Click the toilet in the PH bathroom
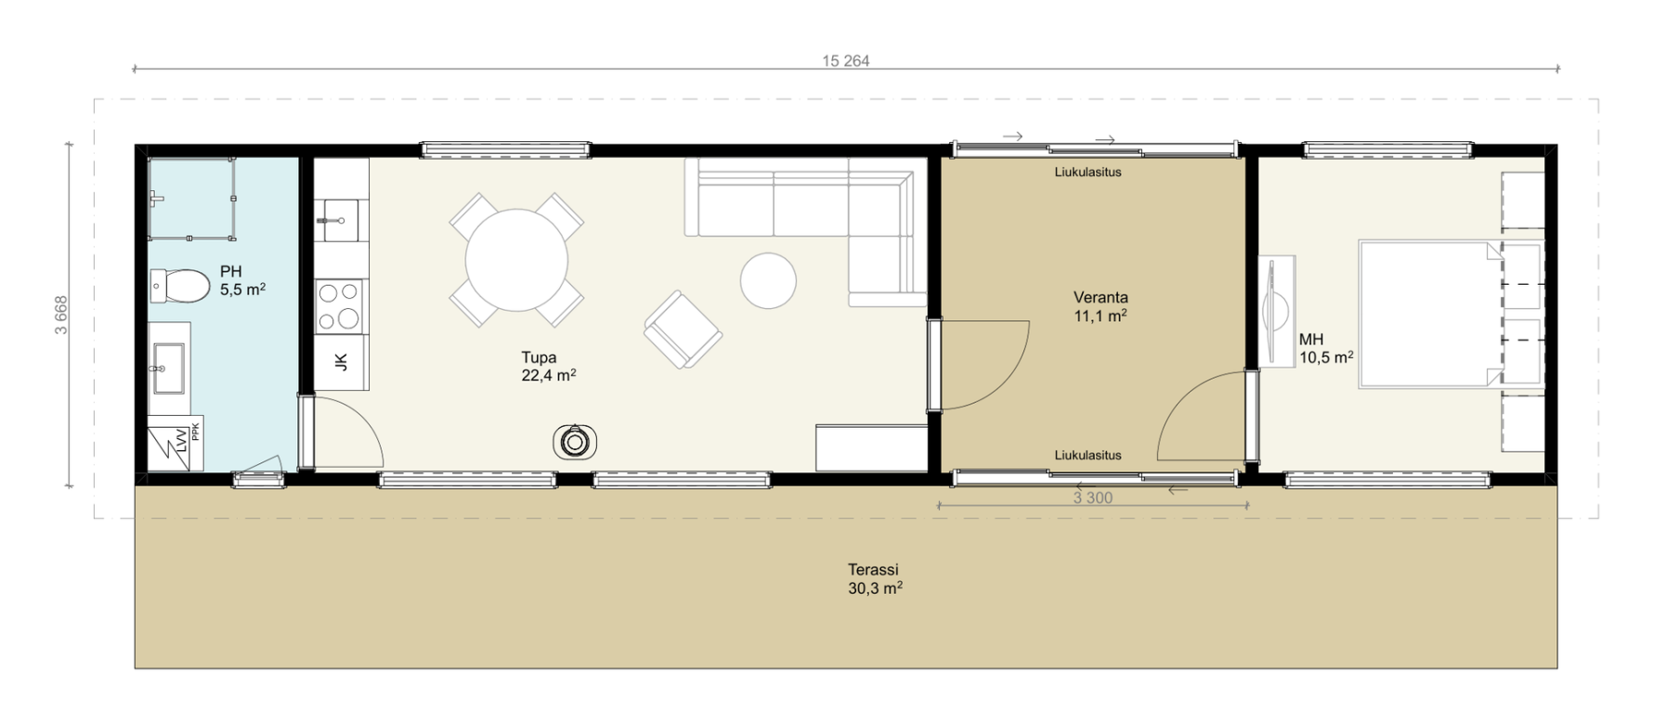[180, 286]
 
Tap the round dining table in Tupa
[516, 260]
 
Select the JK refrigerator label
[341, 362]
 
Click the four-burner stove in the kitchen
[339, 306]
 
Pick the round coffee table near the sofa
[768, 280]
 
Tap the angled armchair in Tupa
[684, 330]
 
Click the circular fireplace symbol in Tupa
[575, 442]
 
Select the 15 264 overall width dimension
[846, 61]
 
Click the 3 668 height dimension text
[61, 316]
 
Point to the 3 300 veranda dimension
[1093, 498]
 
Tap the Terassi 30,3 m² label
[874, 579]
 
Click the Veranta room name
[1100, 298]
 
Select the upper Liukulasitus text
[1087, 172]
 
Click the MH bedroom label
[1311, 340]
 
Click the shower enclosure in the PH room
[191, 199]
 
